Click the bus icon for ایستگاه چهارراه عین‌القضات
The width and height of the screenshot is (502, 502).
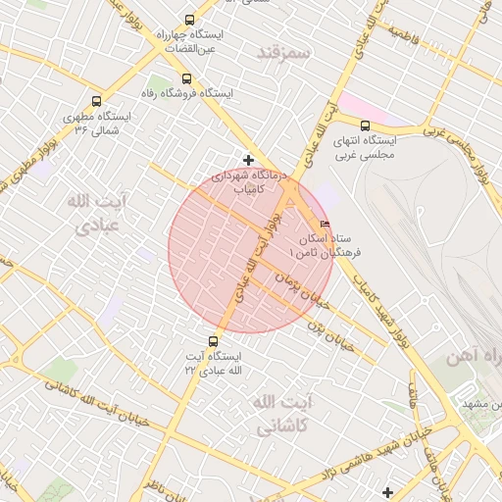click(x=189, y=20)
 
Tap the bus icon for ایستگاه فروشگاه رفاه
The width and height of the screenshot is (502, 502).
click(x=184, y=78)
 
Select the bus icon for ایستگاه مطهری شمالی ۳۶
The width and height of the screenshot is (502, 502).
click(x=96, y=100)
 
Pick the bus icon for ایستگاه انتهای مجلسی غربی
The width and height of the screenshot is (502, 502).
click(x=365, y=125)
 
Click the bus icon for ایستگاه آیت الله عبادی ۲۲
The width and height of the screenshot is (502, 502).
click(x=214, y=341)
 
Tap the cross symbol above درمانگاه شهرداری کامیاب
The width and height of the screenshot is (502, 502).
click(x=248, y=159)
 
